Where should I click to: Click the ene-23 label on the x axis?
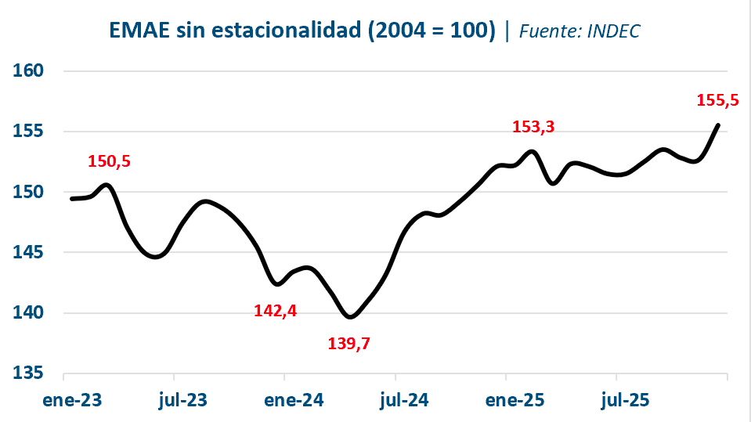coord(72,400)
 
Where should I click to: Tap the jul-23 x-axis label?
coord(182,400)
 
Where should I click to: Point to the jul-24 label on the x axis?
coord(404,400)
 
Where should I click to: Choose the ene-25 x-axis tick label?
coord(515,400)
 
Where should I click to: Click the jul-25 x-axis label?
coord(625,400)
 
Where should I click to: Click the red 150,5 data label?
coord(109,162)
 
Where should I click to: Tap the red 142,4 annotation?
coord(275,310)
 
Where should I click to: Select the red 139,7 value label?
coord(348,343)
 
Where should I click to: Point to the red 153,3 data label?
coord(533,127)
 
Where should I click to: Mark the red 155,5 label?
coord(717,99)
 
